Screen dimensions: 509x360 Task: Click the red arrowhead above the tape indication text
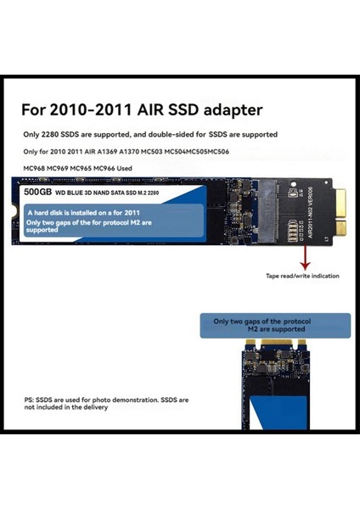[x=303, y=265]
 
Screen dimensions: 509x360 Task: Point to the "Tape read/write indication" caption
[x=302, y=276]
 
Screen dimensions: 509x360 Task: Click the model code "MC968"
[x=35, y=168]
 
